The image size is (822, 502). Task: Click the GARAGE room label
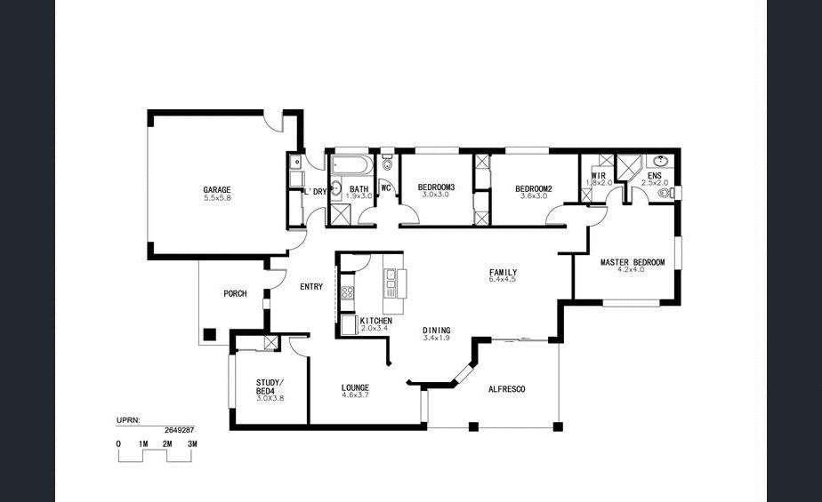(x=216, y=190)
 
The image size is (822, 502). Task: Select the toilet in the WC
(x=387, y=165)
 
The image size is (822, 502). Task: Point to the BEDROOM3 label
(x=436, y=187)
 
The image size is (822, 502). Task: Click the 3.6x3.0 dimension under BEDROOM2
(x=534, y=195)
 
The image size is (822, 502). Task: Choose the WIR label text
(x=598, y=177)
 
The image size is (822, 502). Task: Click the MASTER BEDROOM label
(x=632, y=262)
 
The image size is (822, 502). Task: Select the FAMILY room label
(x=503, y=273)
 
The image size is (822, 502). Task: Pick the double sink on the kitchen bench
(x=391, y=283)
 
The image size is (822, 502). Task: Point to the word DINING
(x=436, y=330)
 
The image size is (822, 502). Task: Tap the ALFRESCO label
(x=506, y=389)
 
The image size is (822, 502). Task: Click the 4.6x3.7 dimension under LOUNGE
(x=355, y=396)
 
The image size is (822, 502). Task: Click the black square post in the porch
(x=209, y=335)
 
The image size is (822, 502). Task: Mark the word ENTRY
(x=311, y=286)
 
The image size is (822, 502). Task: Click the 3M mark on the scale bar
(x=191, y=442)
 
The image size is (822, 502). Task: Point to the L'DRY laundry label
(x=316, y=191)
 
